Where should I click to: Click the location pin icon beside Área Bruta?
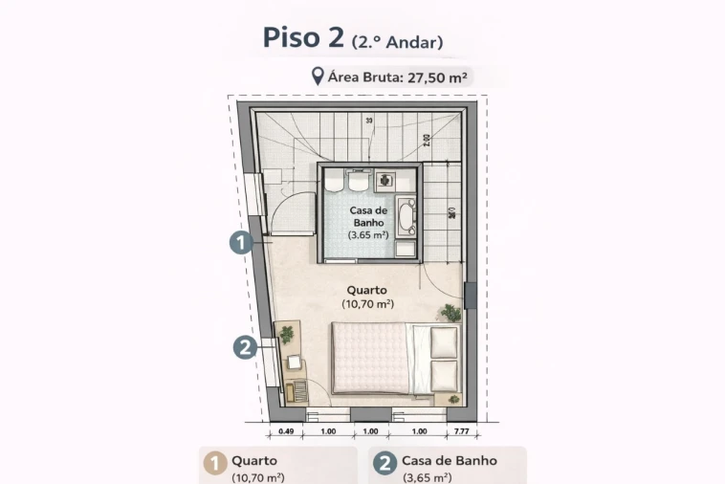pyautogui.click(x=317, y=77)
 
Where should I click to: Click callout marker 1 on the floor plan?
pyautogui.click(x=240, y=243)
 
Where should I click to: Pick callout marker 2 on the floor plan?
pyautogui.click(x=243, y=347)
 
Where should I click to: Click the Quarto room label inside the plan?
pyautogui.click(x=367, y=290)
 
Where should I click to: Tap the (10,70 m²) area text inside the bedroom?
pyautogui.click(x=367, y=304)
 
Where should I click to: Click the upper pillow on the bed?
pyautogui.click(x=445, y=341)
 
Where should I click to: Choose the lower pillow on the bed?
pyautogui.click(x=445, y=373)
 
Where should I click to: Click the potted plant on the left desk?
pyautogui.click(x=286, y=334)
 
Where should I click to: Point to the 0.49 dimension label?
pyautogui.click(x=285, y=431)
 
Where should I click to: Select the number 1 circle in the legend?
pyautogui.click(x=215, y=464)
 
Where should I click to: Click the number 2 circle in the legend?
pyautogui.click(x=384, y=464)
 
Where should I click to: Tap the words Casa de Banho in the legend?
pyautogui.click(x=449, y=460)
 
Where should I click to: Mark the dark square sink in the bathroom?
pyautogui.click(x=385, y=179)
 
